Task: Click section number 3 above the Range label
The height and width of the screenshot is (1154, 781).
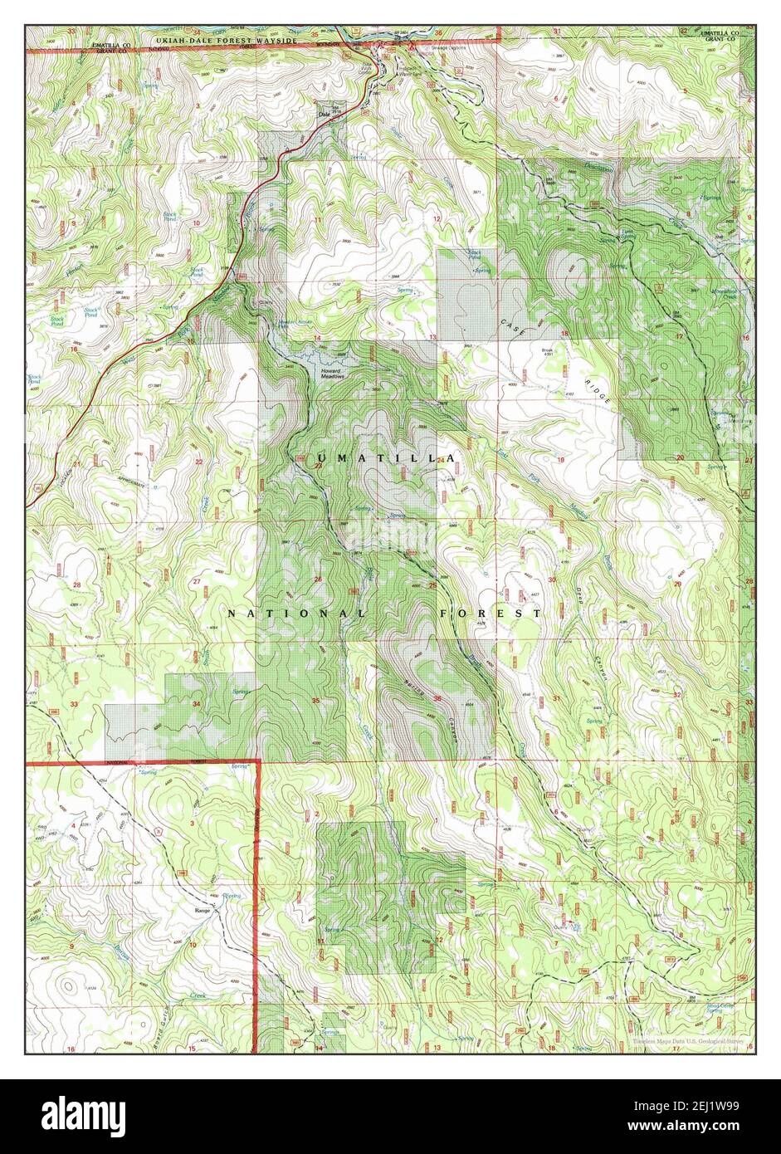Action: (x=192, y=823)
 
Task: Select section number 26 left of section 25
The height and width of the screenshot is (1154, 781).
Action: (x=319, y=579)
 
